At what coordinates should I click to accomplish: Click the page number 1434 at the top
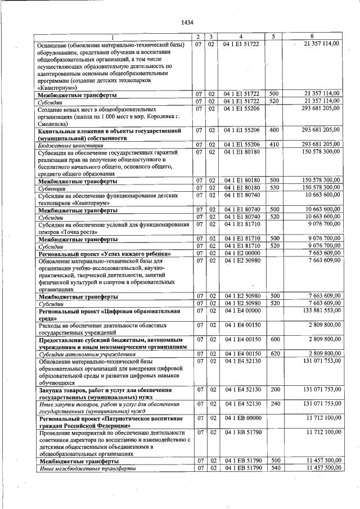tap(187, 22)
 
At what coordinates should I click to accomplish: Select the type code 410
tap(274, 145)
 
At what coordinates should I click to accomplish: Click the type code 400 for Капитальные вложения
tap(274, 130)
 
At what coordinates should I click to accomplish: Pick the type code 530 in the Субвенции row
tap(274, 188)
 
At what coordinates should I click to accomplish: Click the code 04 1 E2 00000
tap(241, 253)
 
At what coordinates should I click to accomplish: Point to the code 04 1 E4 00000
tap(241, 310)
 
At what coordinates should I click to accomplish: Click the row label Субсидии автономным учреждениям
tap(87, 354)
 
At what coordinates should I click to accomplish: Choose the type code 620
tap(274, 354)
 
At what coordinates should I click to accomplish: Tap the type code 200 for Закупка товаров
tap(274, 389)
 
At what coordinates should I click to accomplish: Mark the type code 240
tap(274, 403)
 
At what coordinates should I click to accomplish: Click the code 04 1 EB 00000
tap(241, 418)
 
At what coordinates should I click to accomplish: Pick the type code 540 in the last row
tap(274, 468)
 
